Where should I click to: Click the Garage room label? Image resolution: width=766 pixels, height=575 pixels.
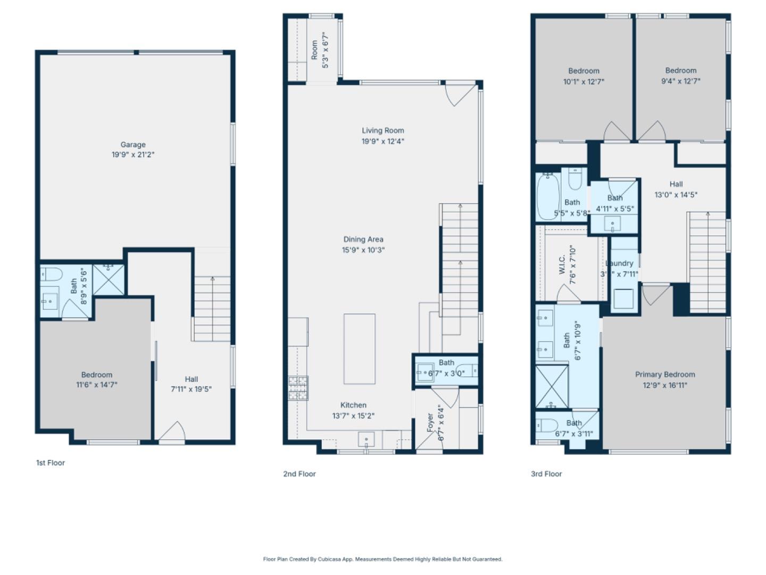132,144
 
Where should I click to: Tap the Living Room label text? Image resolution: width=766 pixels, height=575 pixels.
382,130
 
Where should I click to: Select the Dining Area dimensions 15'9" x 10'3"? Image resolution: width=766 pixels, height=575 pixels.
363,250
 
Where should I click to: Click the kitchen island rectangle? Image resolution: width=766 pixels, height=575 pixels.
359,349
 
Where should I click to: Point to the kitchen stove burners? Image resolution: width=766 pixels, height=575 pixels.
298,388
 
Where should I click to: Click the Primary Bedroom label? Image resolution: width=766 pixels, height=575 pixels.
664,374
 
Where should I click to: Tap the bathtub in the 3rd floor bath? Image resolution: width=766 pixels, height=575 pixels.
547,196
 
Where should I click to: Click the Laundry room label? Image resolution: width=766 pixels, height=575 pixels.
620,263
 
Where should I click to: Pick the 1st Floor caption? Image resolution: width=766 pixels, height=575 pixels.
51,463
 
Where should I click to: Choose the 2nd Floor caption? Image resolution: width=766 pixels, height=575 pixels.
299,474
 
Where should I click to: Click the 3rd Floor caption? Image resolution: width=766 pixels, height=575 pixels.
546,474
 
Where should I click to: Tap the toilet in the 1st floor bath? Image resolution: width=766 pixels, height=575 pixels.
52,275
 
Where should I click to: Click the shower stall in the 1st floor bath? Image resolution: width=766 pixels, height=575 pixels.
109,280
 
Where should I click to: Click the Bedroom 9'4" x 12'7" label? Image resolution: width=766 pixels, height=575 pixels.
680,70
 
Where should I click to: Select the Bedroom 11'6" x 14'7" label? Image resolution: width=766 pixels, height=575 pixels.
96,375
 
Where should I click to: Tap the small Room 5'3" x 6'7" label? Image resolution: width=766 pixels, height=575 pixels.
314,50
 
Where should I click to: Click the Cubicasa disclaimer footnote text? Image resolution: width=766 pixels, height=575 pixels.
382,559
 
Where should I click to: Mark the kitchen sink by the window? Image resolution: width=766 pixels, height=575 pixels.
367,440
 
